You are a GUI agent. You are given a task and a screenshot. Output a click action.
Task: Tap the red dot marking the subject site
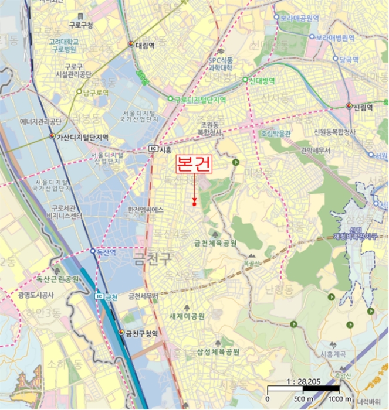(x=194, y=204)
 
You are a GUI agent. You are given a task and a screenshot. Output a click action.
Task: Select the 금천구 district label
(x=151, y=255)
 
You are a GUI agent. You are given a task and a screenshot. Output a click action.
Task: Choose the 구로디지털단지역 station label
(x=200, y=100)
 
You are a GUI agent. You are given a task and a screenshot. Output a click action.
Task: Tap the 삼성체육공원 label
(x=218, y=351)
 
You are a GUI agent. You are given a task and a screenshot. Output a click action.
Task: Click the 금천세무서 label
(x=143, y=296)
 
